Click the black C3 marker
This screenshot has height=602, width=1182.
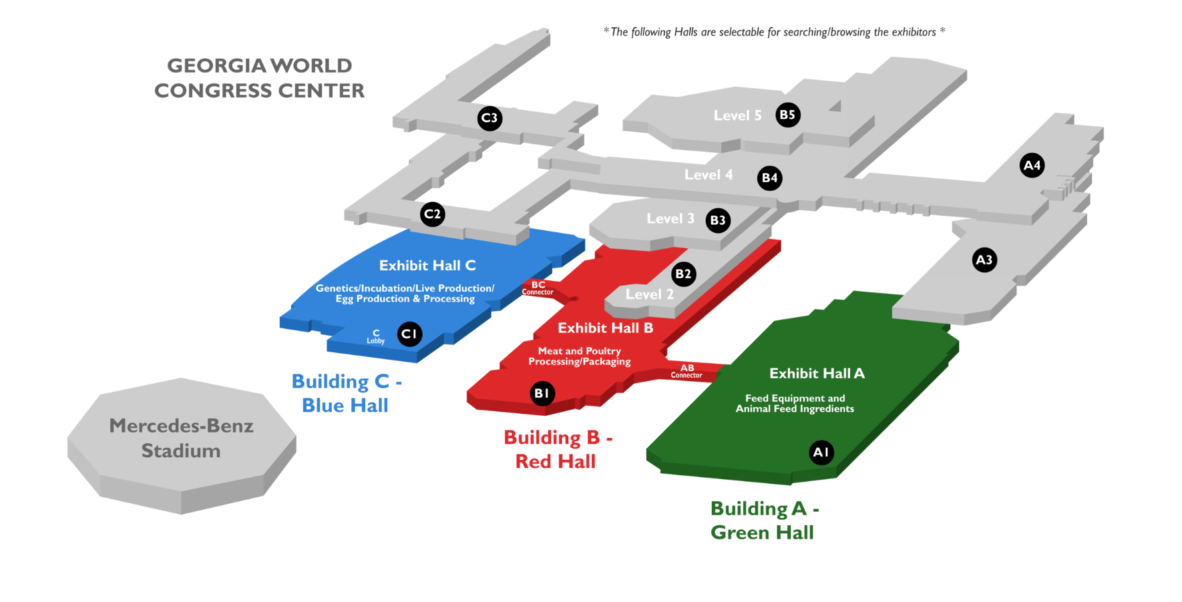click(x=489, y=118)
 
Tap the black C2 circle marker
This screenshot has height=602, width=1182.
click(x=433, y=214)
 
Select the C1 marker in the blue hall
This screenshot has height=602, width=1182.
click(x=409, y=334)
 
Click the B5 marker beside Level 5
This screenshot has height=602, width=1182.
click(x=788, y=115)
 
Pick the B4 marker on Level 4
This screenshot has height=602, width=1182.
click(x=770, y=178)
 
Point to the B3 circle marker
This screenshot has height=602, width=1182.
click(x=718, y=220)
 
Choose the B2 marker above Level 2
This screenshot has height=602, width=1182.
click(x=684, y=274)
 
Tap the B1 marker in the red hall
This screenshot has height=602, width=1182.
click(x=542, y=393)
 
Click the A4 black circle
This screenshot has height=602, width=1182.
click(x=1032, y=165)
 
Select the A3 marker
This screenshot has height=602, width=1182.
click(x=984, y=260)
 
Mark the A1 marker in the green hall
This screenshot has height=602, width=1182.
click(x=821, y=452)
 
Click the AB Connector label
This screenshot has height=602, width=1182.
click(x=686, y=372)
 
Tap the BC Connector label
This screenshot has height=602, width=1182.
click(x=538, y=288)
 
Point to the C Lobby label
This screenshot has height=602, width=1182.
click(x=376, y=336)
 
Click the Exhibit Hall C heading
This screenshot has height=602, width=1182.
click(x=427, y=266)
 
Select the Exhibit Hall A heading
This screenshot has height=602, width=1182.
click(x=817, y=373)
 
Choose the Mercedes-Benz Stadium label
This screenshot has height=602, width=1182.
click(x=181, y=438)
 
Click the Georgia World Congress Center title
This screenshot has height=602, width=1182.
click(x=259, y=78)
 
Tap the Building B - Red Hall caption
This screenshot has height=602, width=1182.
click(x=558, y=449)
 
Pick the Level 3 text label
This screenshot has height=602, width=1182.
click(x=670, y=218)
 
